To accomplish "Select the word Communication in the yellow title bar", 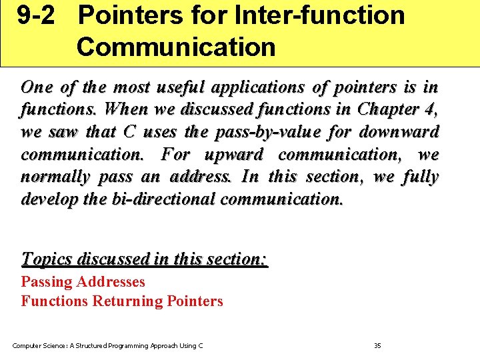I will point(175,47).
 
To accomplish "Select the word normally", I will point(55,177).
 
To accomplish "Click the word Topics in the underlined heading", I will point(47,259).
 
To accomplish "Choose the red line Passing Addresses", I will point(83,282).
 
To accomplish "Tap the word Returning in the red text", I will point(127,301).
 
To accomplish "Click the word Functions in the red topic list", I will point(54,301).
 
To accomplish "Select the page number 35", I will point(377,345).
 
